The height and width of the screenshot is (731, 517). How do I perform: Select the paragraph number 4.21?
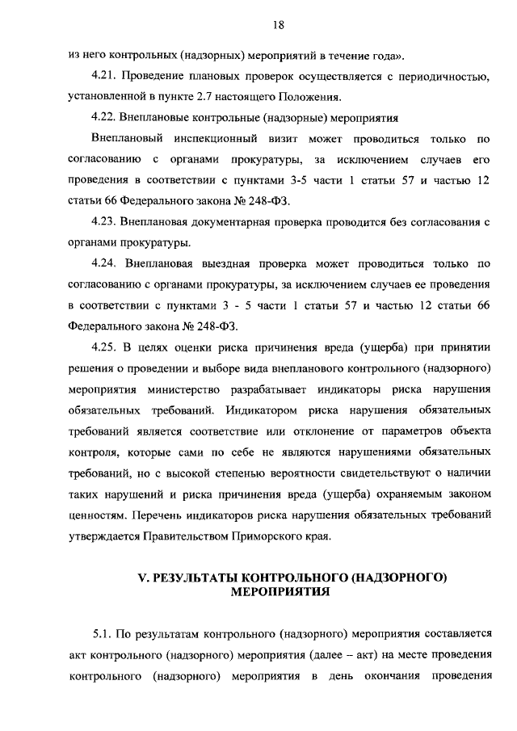pyautogui.click(x=105, y=76)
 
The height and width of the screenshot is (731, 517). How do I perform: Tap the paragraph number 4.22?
pyautogui.click(x=105, y=116)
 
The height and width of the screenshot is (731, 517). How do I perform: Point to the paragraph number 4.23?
pyautogui.click(x=105, y=221)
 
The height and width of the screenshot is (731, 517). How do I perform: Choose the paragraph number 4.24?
pyautogui.click(x=106, y=263)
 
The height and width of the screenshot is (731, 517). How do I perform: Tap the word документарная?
pyautogui.click(x=233, y=221)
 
